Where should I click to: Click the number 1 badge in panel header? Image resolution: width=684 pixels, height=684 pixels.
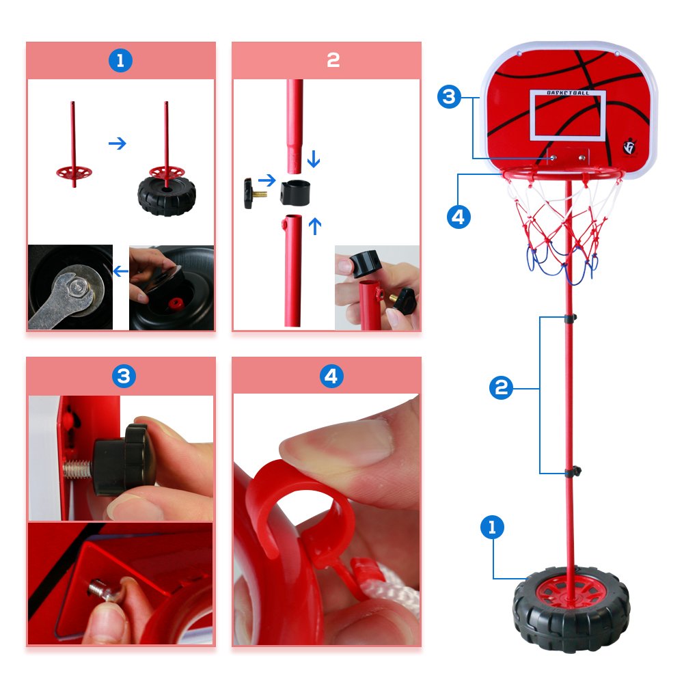click(121, 61)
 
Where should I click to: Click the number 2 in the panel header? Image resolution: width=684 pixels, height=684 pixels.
click(333, 61)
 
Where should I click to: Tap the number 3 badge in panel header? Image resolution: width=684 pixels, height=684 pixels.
click(124, 376)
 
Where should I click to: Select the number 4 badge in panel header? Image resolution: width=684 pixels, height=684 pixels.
click(332, 377)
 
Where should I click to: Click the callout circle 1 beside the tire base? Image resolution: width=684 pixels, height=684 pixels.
click(492, 527)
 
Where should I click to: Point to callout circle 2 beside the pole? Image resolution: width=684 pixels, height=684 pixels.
click(501, 389)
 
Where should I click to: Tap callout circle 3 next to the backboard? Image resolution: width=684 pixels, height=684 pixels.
click(448, 97)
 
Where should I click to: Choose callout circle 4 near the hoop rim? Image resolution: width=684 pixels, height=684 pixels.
click(459, 217)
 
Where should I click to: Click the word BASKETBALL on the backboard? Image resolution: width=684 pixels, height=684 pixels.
click(568, 92)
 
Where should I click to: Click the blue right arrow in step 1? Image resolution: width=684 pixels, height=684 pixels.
click(118, 143)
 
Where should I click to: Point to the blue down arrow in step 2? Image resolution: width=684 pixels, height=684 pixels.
click(314, 160)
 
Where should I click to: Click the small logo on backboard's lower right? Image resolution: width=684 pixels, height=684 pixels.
click(629, 148)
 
